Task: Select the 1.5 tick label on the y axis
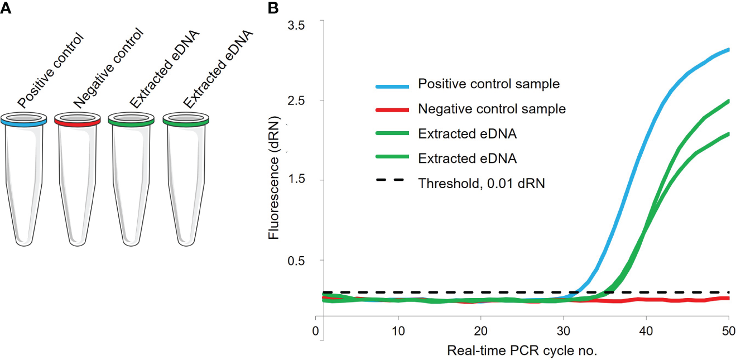point(300,180)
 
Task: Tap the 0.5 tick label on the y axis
point(300,260)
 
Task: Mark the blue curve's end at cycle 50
point(728,50)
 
